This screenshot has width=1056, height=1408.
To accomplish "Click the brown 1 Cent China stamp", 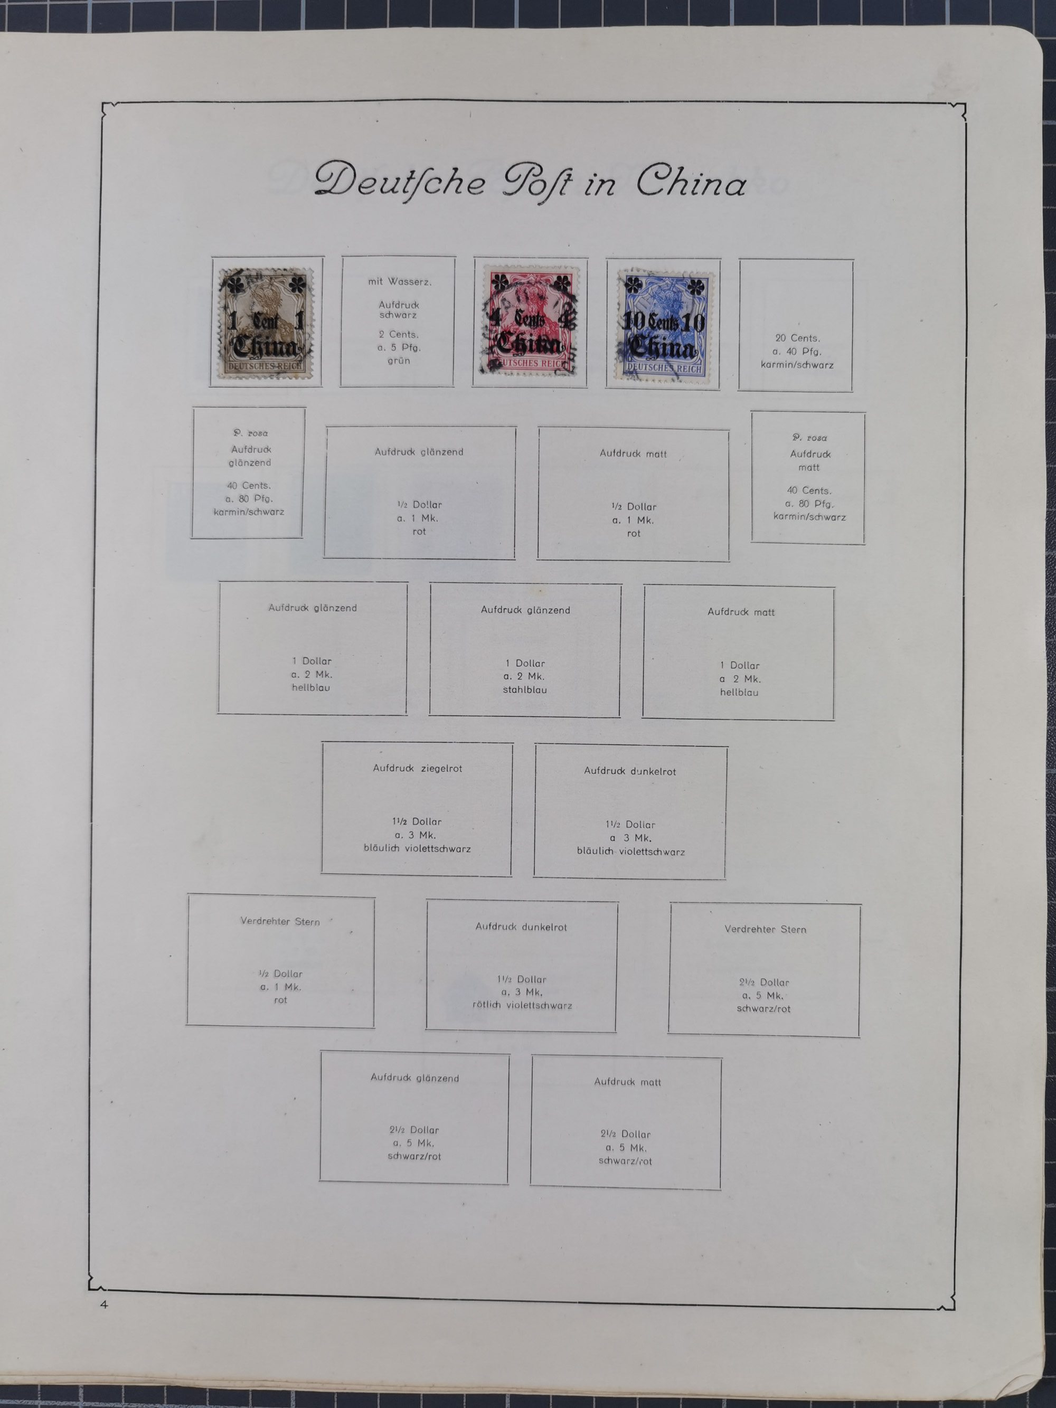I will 266,322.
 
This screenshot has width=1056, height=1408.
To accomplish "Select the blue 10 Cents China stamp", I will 663,325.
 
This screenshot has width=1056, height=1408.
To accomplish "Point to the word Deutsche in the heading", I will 400,181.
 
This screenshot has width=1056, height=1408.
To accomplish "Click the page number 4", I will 104,1304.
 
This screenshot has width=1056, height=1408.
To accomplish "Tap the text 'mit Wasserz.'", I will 399,281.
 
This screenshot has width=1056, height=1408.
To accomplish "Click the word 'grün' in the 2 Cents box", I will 399,360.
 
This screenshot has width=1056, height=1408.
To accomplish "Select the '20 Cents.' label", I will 797,338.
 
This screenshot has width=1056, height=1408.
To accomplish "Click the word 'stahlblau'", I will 524,689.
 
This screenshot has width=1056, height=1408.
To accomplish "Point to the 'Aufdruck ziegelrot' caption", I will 417,768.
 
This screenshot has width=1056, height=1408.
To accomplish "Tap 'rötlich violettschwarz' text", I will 522,1005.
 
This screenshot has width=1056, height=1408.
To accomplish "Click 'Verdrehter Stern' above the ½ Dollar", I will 280,921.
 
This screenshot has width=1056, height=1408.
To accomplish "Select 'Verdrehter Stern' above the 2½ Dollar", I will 765,929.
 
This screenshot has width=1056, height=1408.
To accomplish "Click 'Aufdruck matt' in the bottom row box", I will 627,1081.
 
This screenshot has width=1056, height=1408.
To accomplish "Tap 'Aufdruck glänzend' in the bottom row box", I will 414,1078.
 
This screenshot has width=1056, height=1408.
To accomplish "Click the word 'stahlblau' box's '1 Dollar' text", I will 525,663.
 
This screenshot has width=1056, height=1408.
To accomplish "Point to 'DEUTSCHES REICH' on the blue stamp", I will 664,368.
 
